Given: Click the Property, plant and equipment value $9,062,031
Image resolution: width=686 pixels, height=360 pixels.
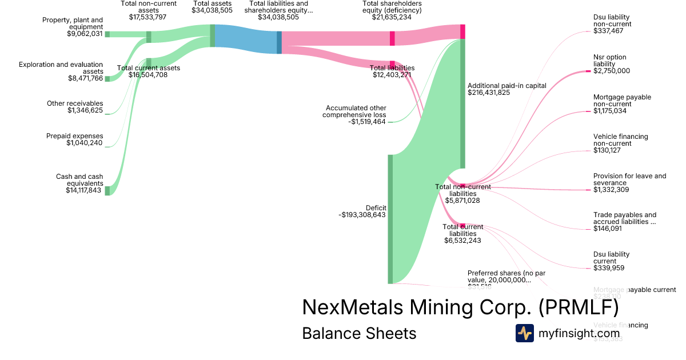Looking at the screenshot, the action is point(85,34).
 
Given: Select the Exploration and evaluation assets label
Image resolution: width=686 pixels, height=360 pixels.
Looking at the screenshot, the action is point(61,68).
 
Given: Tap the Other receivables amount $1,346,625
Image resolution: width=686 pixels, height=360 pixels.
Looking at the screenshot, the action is point(85,110).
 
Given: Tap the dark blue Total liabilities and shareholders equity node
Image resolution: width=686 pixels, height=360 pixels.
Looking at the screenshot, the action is point(279,42).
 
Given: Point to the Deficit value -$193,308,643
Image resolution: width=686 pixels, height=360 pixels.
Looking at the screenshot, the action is point(362,215).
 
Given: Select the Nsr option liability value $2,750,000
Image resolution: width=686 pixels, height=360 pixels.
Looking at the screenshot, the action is point(612,71).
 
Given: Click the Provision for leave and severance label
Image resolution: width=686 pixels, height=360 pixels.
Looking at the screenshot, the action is point(629,179).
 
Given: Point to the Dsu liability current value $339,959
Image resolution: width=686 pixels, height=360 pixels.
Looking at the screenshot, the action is point(608,267).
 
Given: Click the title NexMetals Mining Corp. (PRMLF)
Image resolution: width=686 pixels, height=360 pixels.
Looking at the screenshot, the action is point(460,307).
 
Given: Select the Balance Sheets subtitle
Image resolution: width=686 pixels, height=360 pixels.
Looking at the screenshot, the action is point(359,333).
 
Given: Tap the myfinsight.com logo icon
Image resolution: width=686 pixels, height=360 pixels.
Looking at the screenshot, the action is point(524,333).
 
